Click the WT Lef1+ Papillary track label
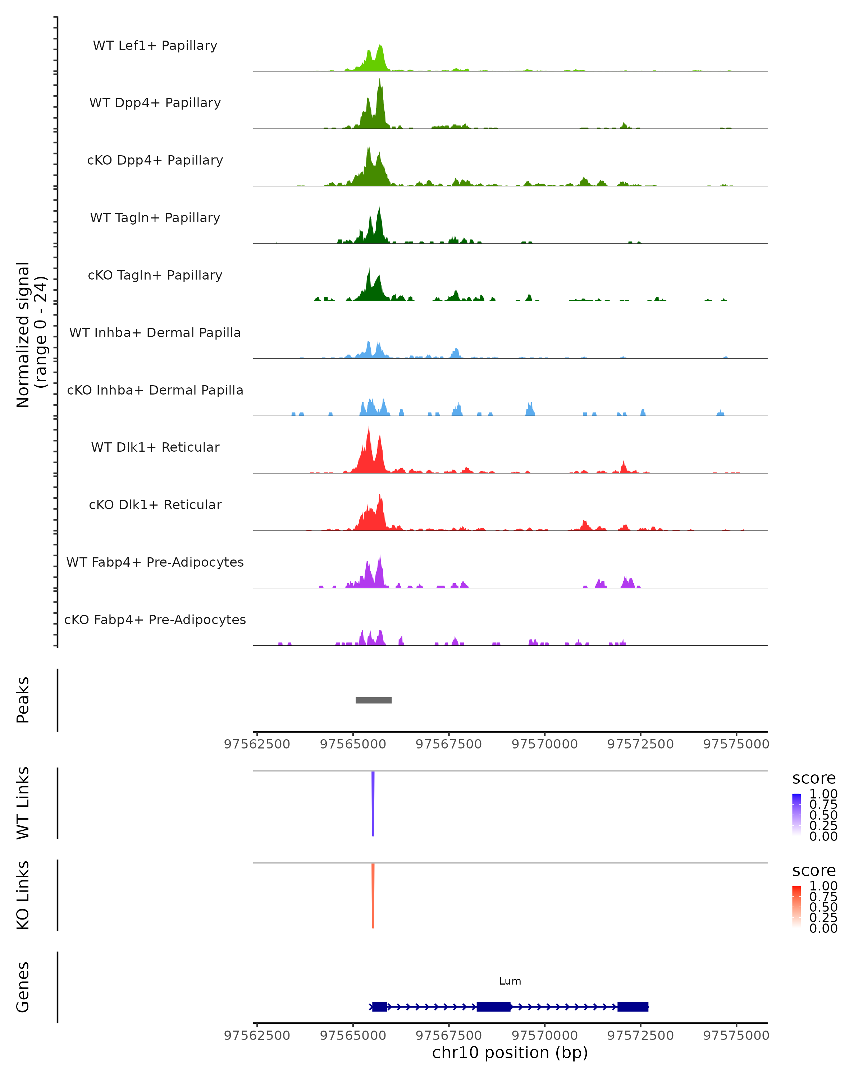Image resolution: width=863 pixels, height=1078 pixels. [x=155, y=46]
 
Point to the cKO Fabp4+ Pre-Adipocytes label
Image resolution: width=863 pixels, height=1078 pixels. [x=155, y=619]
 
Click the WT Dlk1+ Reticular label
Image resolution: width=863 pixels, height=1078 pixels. [x=155, y=447]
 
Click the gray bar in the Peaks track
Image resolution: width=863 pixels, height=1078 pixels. [x=373, y=700]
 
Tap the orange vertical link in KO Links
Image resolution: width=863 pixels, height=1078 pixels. [x=373, y=895]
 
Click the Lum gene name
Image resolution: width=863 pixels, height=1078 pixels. [x=510, y=981]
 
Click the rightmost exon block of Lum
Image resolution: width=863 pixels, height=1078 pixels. [x=633, y=1006]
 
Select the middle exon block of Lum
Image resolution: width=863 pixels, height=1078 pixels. [x=493, y=1006]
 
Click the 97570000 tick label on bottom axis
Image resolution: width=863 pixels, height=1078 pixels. [x=544, y=1036]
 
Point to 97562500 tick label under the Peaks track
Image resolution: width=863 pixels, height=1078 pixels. [x=257, y=744]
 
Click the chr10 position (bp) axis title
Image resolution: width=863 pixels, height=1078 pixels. [x=510, y=1053]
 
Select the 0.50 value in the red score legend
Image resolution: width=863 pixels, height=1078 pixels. [x=823, y=907]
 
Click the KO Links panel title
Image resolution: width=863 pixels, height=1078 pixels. [x=23, y=895]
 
